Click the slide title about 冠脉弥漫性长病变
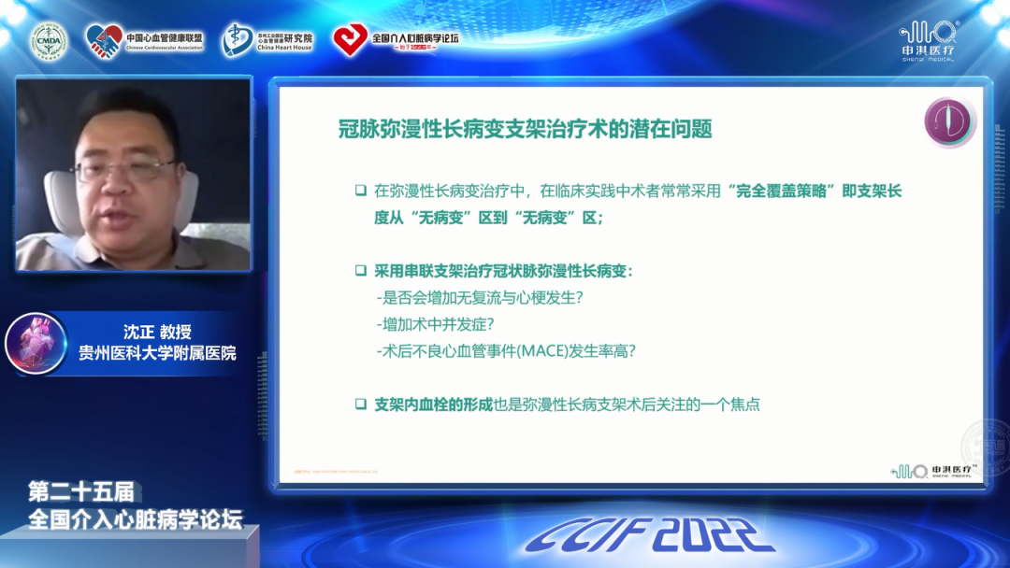coord(525,129)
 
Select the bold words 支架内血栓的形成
coord(433,405)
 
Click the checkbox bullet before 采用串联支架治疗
coord(360,271)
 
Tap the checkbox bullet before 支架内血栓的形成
coord(360,405)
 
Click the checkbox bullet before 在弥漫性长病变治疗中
coord(360,192)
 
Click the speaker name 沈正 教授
coord(156,333)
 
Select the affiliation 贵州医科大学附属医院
coord(156,354)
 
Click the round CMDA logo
coord(49,40)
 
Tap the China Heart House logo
coord(267,39)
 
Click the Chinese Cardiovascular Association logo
coord(144,40)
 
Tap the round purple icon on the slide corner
coord(948,122)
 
